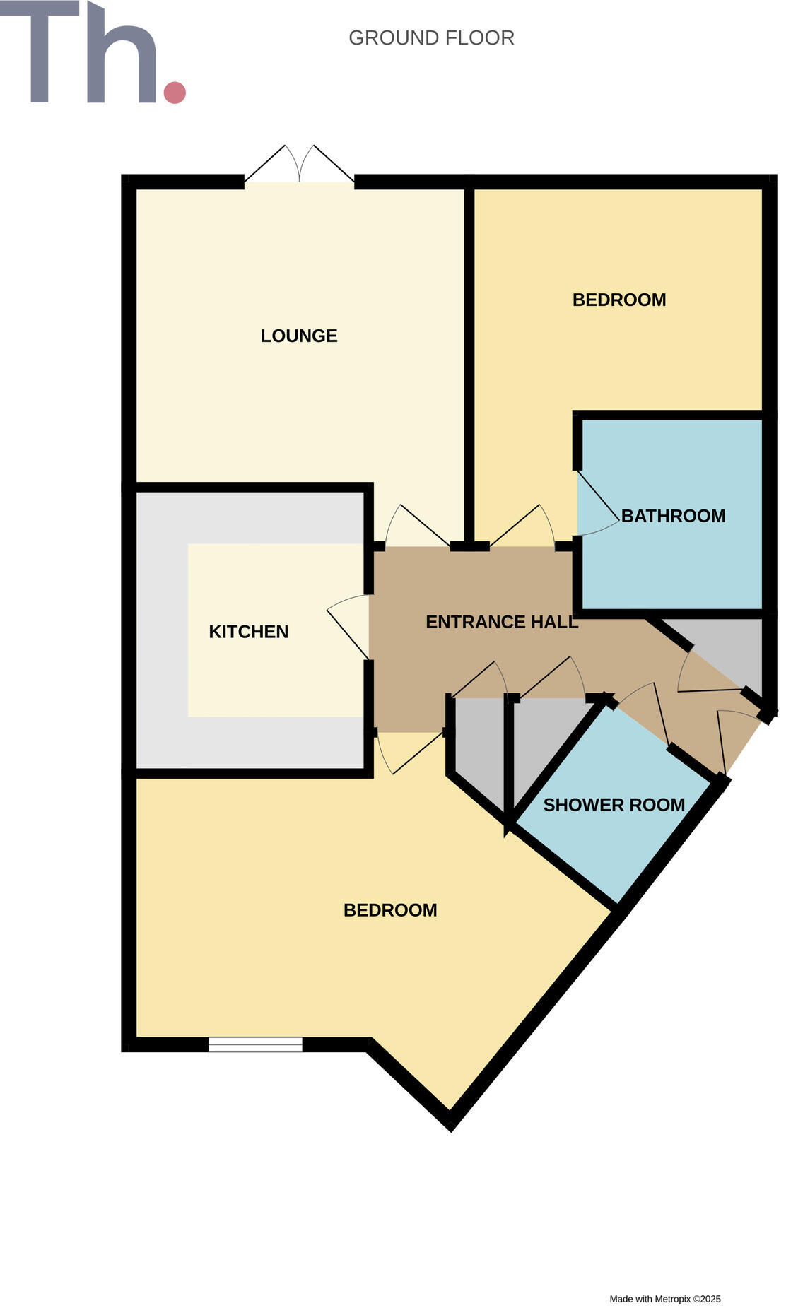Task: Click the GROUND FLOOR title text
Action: click(x=431, y=38)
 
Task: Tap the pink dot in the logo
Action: click(x=175, y=93)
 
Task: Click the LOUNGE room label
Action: click(x=299, y=336)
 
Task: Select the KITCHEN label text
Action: click(x=248, y=632)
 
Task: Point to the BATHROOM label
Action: click(x=673, y=516)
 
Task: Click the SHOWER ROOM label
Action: click(x=614, y=805)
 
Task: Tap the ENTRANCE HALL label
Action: click(x=502, y=622)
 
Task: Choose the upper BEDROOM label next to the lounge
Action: click(x=619, y=300)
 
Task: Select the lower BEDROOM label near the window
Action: click(x=390, y=910)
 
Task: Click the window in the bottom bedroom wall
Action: click(x=255, y=1044)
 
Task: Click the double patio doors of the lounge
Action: click(x=299, y=166)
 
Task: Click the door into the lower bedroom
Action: click(x=410, y=750)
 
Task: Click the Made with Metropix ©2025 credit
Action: click(x=664, y=1299)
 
